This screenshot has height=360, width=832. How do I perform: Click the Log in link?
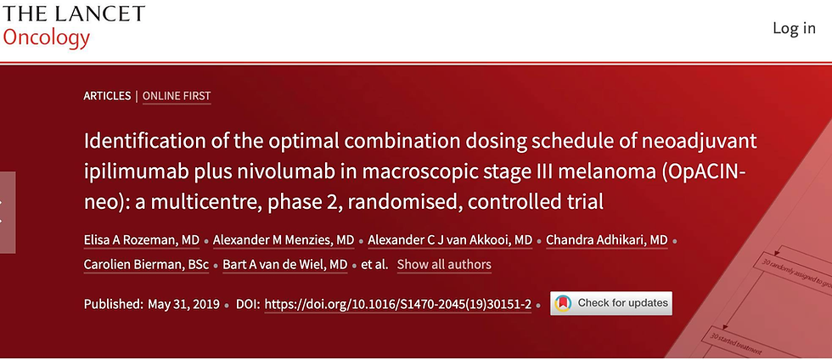pos(794,28)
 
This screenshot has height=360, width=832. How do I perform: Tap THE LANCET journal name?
pos(73,14)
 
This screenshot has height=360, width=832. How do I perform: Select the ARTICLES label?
pos(107,96)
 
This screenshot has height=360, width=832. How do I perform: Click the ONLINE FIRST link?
pos(177,96)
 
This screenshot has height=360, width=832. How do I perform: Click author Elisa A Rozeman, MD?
pos(142,240)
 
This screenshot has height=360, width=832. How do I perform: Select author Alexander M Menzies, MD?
pos(284,240)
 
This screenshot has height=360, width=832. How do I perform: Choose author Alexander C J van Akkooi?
pos(450,240)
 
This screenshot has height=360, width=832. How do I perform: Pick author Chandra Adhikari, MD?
pos(606,240)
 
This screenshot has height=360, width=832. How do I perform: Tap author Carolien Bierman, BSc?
pos(146,264)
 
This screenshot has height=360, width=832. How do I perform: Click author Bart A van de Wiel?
pos(285,264)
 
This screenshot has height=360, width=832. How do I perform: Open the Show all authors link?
pos(444,264)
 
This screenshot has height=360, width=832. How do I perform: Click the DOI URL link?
pos(398,305)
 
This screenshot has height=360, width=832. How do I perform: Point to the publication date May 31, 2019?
pos(183,305)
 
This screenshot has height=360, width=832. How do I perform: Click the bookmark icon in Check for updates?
pos(563,303)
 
